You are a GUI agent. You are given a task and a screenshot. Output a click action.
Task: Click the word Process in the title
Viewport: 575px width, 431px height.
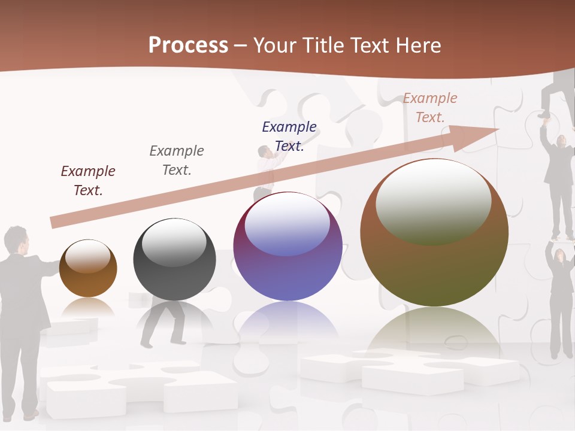pyautogui.click(x=188, y=45)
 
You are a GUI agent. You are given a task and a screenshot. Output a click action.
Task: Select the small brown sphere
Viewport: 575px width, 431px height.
pyautogui.click(x=88, y=269)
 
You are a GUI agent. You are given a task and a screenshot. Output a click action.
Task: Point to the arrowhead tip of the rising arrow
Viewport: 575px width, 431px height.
pyautogui.click(x=498, y=128)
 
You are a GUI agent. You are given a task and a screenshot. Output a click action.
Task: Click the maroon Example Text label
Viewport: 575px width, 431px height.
pyautogui.click(x=88, y=180)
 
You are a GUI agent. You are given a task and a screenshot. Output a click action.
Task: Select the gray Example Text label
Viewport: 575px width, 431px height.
pyautogui.click(x=177, y=160)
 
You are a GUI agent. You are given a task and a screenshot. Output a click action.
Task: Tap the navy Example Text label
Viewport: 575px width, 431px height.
pyautogui.click(x=289, y=136)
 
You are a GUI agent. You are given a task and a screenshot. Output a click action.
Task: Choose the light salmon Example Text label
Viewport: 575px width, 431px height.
pyautogui.click(x=430, y=107)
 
